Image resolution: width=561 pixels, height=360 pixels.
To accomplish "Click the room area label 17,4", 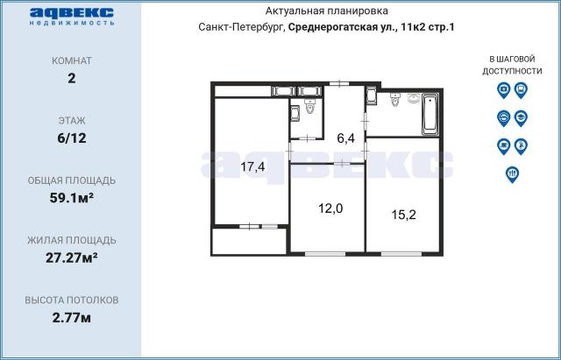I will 253,166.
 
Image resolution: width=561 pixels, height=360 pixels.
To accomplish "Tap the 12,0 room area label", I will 329,208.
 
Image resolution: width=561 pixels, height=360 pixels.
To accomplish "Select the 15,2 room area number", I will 403,212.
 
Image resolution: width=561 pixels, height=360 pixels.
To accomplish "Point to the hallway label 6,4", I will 346,138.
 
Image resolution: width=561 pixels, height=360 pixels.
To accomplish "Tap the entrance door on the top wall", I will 340,84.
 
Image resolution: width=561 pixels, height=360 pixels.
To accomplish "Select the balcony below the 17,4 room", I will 250,241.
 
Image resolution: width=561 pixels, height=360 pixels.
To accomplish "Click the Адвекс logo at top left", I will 70,15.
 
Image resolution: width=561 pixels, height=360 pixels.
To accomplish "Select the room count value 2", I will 71,78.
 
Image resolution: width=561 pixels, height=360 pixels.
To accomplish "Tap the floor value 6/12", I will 71,138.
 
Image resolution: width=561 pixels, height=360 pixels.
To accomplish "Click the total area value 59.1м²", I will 71,197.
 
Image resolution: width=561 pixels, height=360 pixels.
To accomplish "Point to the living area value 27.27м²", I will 71,257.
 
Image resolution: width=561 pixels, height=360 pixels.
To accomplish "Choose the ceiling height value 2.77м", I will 71,316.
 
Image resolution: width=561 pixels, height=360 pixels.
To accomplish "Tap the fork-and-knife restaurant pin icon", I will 512,173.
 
